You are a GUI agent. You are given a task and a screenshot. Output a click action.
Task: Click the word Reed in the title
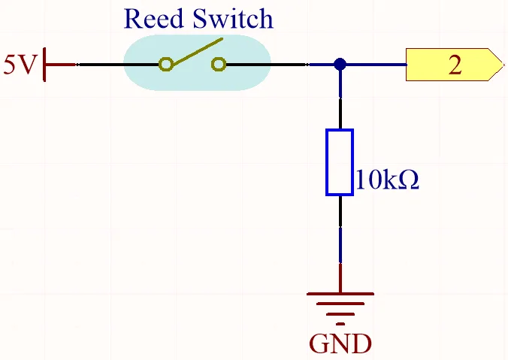pyautogui.click(x=153, y=19)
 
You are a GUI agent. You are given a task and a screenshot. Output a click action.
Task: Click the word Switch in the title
pyautogui.click(x=233, y=19)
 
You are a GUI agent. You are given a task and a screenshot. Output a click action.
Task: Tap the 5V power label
pyautogui.click(x=19, y=65)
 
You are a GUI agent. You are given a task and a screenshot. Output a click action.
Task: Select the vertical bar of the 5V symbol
pyautogui.click(x=44, y=65)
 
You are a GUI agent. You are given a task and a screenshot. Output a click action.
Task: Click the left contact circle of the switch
pyautogui.click(x=165, y=64)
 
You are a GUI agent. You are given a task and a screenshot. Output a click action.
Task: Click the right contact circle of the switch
pyautogui.click(x=219, y=64)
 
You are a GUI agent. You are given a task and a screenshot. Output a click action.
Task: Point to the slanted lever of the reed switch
pyautogui.click(x=197, y=53)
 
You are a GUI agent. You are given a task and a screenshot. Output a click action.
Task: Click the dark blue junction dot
pyautogui.click(x=340, y=65)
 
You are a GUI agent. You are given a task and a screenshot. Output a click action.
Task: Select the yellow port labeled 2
pyautogui.click(x=455, y=65)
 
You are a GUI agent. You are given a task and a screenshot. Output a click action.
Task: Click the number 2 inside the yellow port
pyautogui.click(x=455, y=65)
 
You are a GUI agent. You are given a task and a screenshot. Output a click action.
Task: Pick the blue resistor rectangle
pyautogui.click(x=340, y=162)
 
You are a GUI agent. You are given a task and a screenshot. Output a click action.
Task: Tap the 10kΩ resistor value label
pyautogui.click(x=388, y=179)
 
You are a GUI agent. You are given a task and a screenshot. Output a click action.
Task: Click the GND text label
pyautogui.click(x=340, y=343)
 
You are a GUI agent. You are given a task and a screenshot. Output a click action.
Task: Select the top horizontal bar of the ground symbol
pyautogui.click(x=340, y=294)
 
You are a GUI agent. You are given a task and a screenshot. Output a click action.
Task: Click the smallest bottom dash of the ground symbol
pyautogui.click(x=340, y=324)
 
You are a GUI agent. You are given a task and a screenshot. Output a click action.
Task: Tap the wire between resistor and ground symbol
pyautogui.click(x=340, y=244)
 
